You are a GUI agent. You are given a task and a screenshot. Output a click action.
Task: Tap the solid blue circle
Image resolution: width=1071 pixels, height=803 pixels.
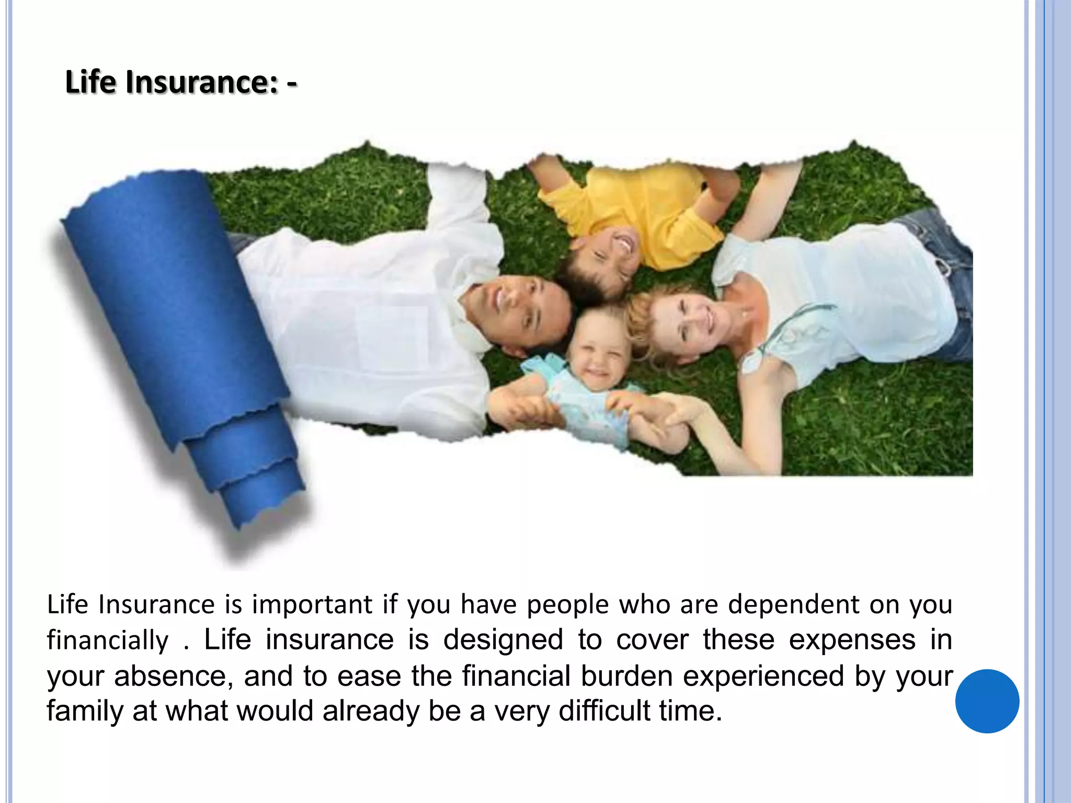point(987,701)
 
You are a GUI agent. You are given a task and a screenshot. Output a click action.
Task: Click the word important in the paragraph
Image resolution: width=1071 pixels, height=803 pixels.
point(312,605)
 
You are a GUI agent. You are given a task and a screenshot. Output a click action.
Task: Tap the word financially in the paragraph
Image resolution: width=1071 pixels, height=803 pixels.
point(108,640)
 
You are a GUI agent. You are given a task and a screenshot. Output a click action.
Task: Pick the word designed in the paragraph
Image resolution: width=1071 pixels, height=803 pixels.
point(503,640)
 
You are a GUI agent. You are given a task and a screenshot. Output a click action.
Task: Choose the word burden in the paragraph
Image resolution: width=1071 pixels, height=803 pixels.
point(626,676)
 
